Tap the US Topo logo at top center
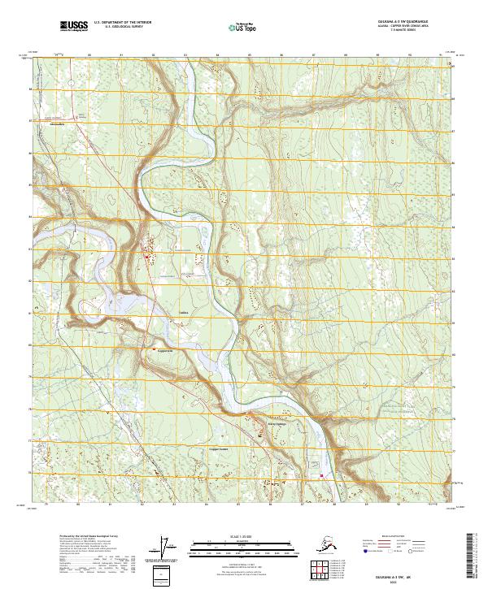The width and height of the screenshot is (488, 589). [x=242, y=28]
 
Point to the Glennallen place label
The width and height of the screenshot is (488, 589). [x=57, y=125]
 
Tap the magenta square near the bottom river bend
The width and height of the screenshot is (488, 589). [x=321, y=476]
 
